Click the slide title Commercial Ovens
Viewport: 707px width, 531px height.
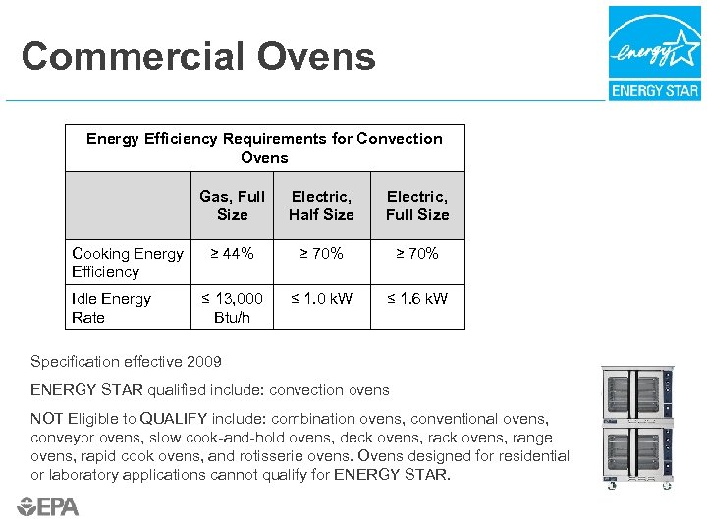[198, 56]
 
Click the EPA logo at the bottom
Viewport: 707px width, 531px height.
[47, 506]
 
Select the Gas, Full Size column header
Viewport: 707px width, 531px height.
[232, 206]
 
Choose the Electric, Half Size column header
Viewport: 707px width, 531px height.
[321, 206]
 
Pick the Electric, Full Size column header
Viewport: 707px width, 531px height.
[417, 206]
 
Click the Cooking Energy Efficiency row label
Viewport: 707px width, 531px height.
[127, 263]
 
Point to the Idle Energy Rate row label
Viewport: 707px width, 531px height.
[111, 308]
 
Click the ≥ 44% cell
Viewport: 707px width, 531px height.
[232, 254]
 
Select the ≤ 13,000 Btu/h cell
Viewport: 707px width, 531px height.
[232, 308]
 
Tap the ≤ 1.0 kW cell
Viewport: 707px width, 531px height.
[321, 298]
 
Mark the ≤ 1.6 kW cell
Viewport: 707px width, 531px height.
[417, 298]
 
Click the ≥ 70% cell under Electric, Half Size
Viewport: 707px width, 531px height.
[321, 254]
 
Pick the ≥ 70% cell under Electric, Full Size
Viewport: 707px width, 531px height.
[417, 254]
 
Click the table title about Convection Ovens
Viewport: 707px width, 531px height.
[264, 147]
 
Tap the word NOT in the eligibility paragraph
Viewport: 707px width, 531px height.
[47, 419]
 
